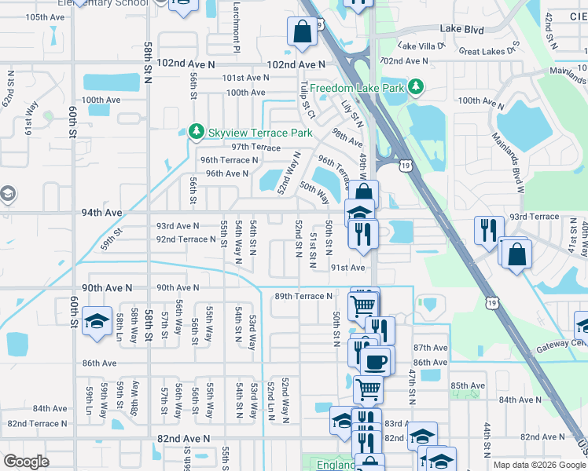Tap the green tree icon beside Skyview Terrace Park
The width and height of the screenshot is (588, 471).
(x=197, y=132)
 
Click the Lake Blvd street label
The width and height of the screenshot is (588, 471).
(x=462, y=28)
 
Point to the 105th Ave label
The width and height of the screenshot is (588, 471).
(x=45, y=16)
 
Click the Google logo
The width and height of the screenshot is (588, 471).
(x=26, y=462)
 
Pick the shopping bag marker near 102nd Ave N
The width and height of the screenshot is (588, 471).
(x=303, y=32)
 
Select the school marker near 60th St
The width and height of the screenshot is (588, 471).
(x=97, y=323)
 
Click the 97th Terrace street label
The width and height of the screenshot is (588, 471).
(x=255, y=147)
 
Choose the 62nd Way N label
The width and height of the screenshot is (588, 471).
(x=9, y=89)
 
